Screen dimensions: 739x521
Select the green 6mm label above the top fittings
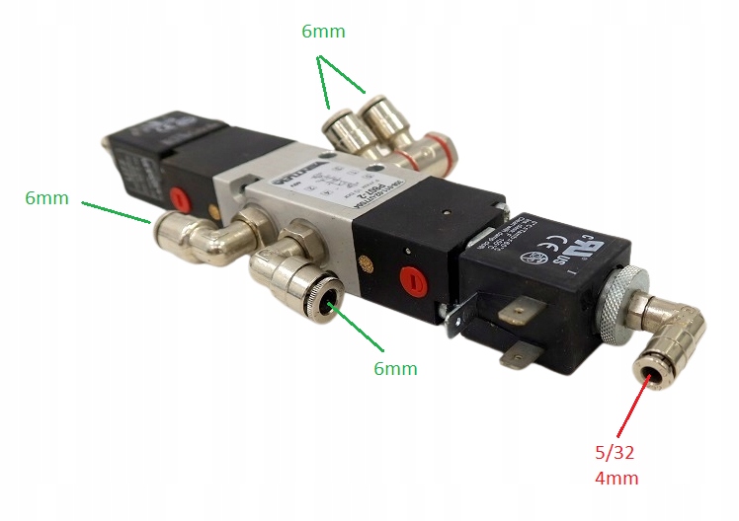coord(323,32)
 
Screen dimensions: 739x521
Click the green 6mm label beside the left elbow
coord(46,198)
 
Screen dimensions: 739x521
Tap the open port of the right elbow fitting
coord(651,376)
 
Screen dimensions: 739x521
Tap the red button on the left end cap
coord(180,199)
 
